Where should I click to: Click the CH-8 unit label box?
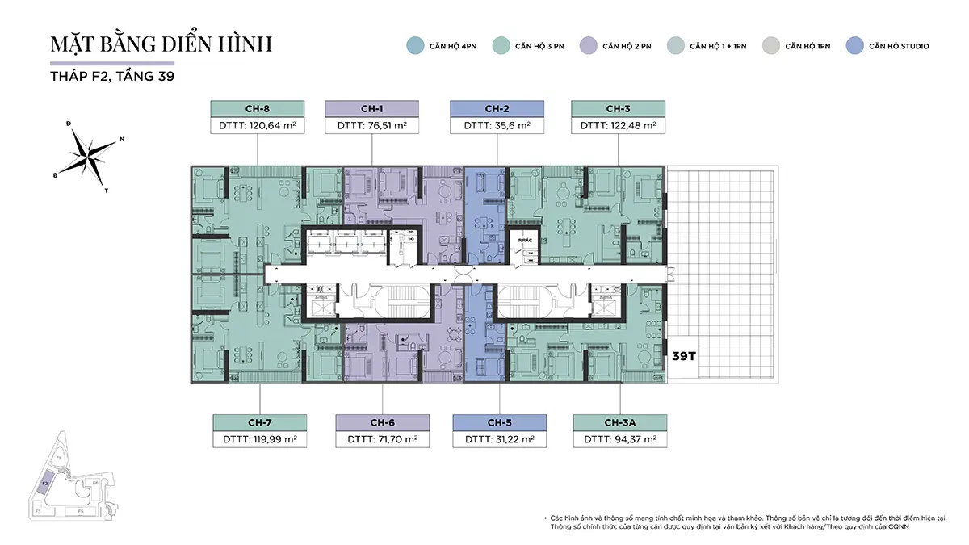click(x=257, y=109)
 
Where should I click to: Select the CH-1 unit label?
click(x=371, y=109)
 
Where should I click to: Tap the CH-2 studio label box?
click(x=497, y=109)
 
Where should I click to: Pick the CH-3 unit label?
click(x=619, y=109)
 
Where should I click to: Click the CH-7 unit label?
click(x=259, y=422)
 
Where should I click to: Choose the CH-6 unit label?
click(x=382, y=422)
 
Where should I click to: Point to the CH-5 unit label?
click(x=499, y=422)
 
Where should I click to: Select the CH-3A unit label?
click(x=620, y=422)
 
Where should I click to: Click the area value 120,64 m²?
click(x=257, y=126)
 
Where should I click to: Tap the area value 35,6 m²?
click(x=497, y=126)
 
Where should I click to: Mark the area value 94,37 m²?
click(x=620, y=440)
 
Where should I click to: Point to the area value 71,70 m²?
click(x=382, y=440)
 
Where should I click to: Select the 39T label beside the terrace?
click(x=684, y=355)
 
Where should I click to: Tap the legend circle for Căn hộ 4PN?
click(x=415, y=46)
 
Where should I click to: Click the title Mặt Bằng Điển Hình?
click(x=161, y=44)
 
